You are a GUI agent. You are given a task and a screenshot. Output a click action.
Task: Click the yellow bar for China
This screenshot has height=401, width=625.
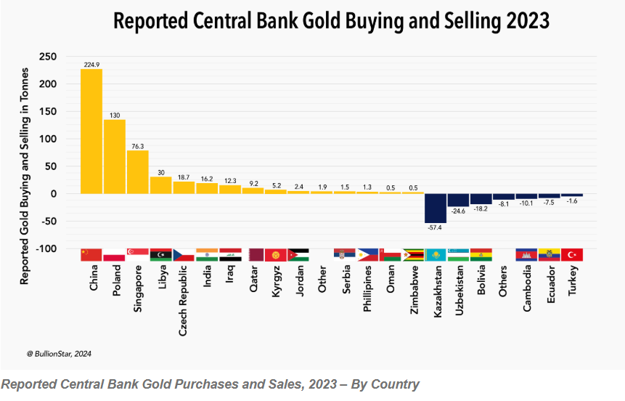click(x=91, y=131)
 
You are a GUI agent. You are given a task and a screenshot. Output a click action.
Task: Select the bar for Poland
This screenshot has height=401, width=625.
click(x=115, y=157)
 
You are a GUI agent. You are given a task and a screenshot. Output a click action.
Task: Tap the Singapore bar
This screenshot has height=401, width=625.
click(x=138, y=172)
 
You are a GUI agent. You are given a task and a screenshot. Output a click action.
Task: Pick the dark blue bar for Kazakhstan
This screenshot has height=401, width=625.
click(x=436, y=208)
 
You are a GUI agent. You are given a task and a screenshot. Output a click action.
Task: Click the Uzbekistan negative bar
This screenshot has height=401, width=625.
click(x=459, y=200)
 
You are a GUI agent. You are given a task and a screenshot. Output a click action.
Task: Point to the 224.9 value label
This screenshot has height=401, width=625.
click(x=91, y=65)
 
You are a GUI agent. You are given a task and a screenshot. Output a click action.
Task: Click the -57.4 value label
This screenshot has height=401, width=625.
click(x=436, y=228)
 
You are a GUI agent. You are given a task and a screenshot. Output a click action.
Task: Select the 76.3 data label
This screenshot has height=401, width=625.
click(x=138, y=146)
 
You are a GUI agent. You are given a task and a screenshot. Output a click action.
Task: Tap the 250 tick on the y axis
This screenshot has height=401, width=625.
click(x=48, y=57)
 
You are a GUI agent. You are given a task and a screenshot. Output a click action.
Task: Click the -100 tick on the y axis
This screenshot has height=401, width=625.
click(x=46, y=248)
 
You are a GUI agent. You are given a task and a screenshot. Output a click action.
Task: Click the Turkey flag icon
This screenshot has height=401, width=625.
click(x=572, y=254)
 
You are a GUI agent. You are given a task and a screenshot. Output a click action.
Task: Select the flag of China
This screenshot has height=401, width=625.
click(x=91, y=254)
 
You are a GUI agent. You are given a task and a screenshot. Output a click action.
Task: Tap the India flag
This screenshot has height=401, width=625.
click(x=207, y=254)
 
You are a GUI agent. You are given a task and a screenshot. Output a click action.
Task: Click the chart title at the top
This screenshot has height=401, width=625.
click(x=331, y=22)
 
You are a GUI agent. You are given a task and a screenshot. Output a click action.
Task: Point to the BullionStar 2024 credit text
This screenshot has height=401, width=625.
click(x=60, y=354)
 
